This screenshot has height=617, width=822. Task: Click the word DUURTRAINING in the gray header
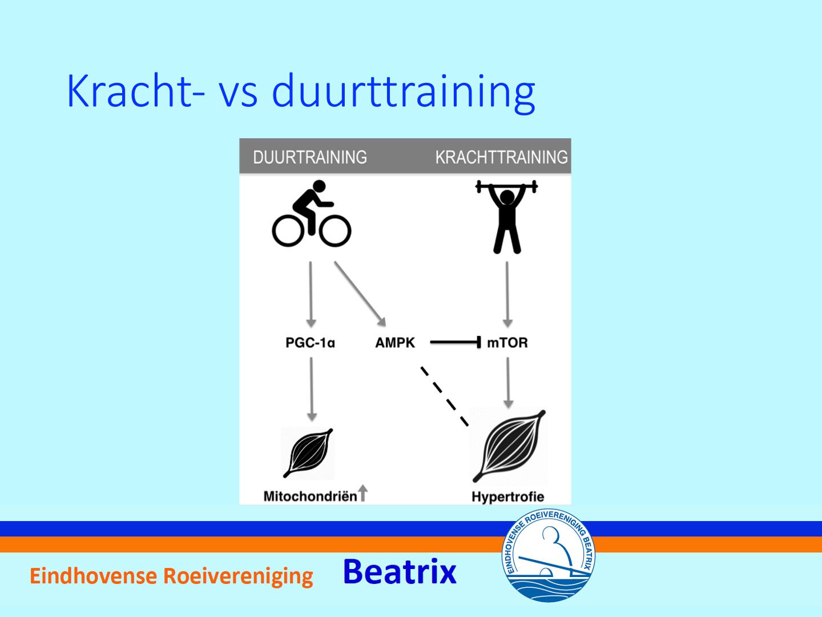310,157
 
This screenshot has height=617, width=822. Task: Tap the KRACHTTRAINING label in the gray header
501,157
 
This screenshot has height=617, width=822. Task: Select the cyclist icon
312,214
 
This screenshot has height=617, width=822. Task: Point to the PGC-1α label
310,342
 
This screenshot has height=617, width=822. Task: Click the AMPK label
395,342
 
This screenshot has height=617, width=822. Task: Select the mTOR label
507,342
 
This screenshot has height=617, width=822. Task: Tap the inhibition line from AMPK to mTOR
456,342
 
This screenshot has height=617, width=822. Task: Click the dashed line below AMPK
445,396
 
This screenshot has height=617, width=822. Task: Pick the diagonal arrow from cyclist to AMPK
360,294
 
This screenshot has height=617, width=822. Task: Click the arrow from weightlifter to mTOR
507,294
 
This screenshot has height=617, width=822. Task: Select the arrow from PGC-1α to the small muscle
312,389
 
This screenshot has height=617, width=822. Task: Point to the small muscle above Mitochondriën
308,453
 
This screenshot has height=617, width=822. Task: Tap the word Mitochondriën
310,496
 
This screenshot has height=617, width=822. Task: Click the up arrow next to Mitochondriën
362,493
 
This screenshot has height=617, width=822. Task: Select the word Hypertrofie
507,497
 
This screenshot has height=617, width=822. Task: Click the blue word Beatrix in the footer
400,572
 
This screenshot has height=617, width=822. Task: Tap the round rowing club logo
548,555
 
